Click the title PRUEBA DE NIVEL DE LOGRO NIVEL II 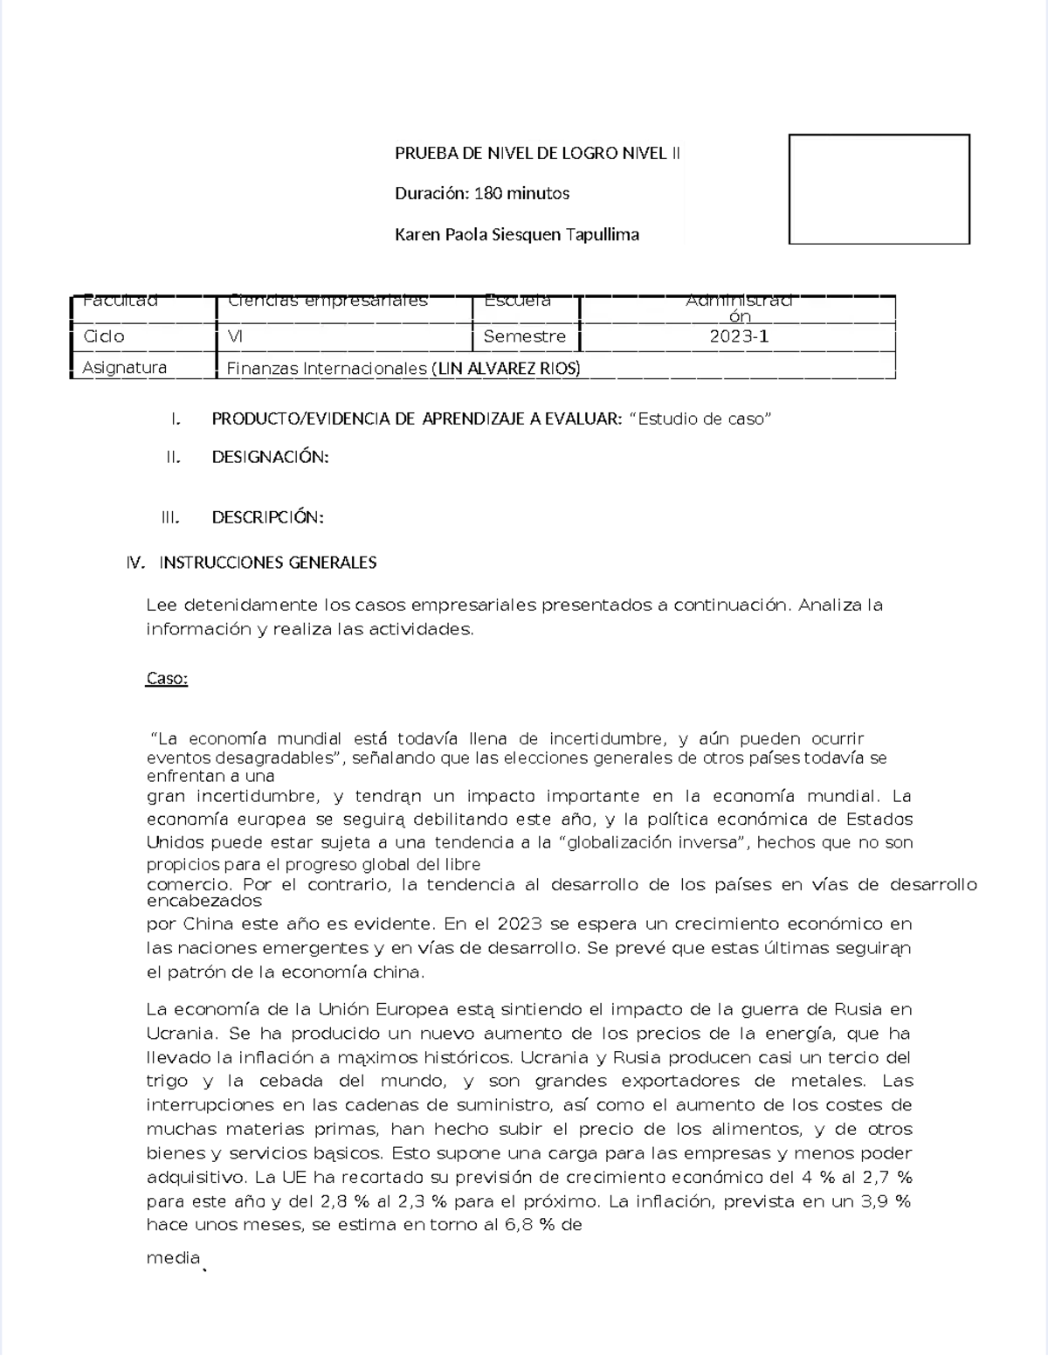point(537,154)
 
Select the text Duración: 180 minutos point(482,193)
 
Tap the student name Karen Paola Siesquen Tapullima point(517,234)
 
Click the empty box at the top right point(879,189)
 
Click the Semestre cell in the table point(524,336)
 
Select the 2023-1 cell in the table point(739,336)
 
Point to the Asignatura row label point(124,368)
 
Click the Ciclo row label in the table point(104,336)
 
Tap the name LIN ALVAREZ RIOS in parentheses point(506,369)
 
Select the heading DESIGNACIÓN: point(270,457)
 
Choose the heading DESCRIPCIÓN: point(267,517)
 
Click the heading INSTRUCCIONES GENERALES point(267,563)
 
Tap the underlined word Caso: point(167,679)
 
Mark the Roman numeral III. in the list point(170,517)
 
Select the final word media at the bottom point(173,1258)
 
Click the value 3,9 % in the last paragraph point(886,1201)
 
